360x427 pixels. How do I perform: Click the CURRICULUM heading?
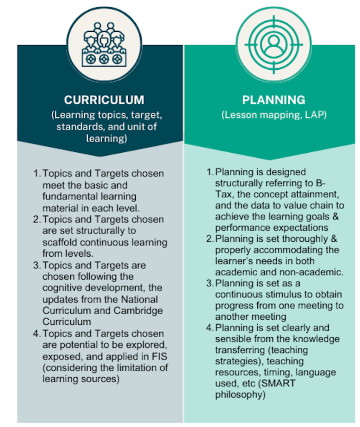(x=104, y=100)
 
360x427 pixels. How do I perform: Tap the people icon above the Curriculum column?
(x=104, y=44)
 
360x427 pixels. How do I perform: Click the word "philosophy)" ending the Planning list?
(x=240, y=394)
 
